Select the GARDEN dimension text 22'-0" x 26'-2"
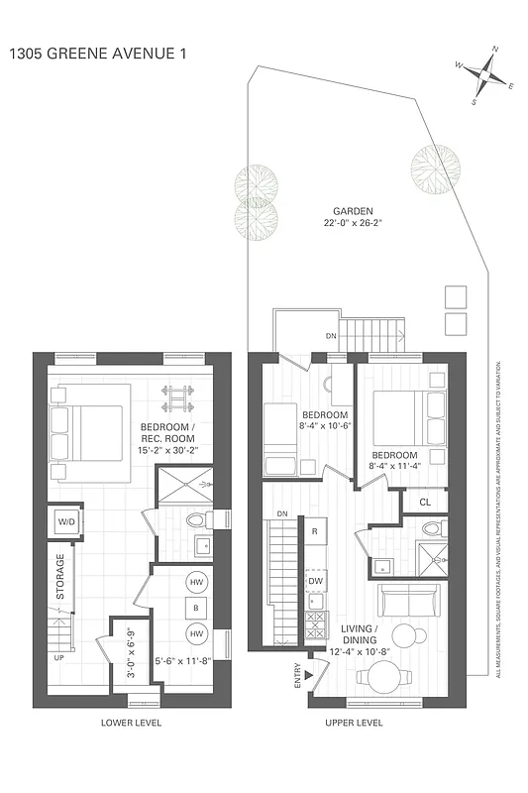[352, 224]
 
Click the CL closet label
[425, 503]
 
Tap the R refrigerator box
[314, 532]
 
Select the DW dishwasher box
[315, 581]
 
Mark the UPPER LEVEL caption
[355, 723]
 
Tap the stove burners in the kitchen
[315, 627]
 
